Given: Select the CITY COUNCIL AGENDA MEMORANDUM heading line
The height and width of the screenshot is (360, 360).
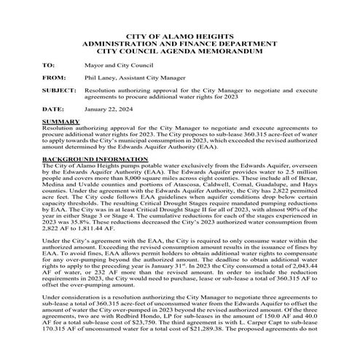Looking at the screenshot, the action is (179, 52).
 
